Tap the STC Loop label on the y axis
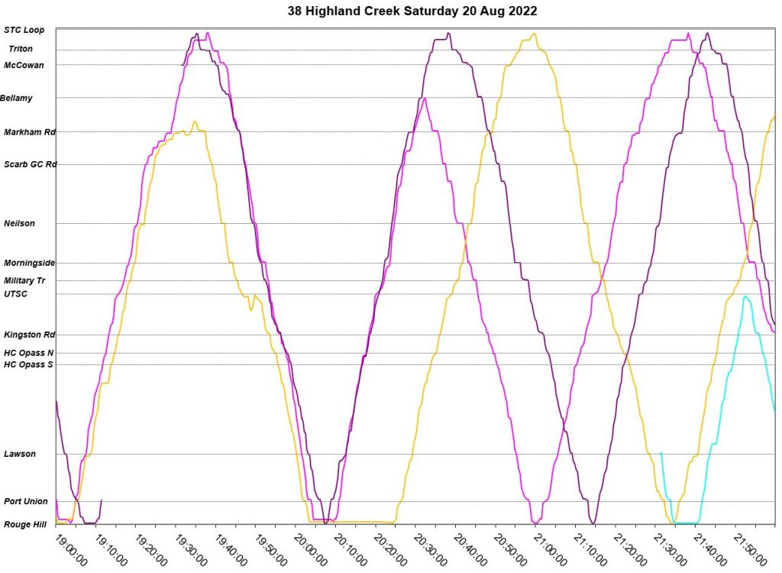point(24,30)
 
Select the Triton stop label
point(21,49)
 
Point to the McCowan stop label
point(24,65)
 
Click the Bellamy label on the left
point(16,98)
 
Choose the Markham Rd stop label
point(30,132)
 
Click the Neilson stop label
point(20,223)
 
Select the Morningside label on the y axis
point(29,263)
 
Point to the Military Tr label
point(25,280)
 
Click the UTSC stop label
point(16,293)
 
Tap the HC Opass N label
point(29,353)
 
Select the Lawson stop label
point(20,454)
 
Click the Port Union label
point(26,502)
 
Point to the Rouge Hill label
point(24,524)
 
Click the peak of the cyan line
point(745,296)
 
